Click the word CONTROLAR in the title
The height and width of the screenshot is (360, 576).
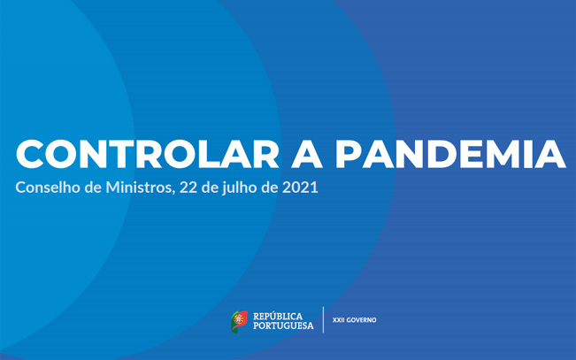coord(147,154)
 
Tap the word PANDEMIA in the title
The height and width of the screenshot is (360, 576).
coord(450,154)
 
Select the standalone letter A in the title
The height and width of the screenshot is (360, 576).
coord(307,154)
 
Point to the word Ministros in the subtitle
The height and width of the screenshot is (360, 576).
coord(139,188)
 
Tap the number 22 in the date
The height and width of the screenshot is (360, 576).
coord(188,188)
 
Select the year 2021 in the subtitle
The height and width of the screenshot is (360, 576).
coord(300,188)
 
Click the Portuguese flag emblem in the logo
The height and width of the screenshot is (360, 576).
coord(239,322)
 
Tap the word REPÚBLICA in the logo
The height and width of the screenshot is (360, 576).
coord(278,317)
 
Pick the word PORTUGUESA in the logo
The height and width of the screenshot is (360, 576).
coord(283,326)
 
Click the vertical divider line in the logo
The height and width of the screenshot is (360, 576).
coord(323,320)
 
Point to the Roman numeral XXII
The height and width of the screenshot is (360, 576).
coord(338,320)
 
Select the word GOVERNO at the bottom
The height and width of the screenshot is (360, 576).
coord(362,320)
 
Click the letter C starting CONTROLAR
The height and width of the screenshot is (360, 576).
coord(30,154)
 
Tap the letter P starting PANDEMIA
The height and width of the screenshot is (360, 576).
coord(349,154)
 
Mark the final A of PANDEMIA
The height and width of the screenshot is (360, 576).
coord(550,154)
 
